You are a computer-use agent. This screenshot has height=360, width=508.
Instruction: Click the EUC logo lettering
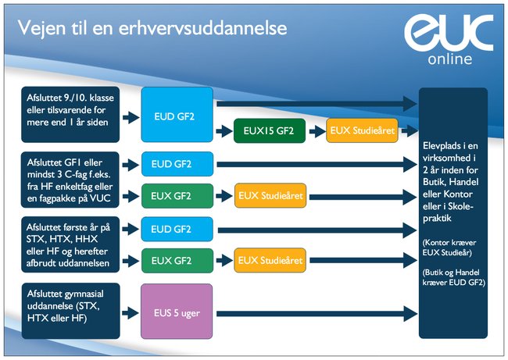[449, 33]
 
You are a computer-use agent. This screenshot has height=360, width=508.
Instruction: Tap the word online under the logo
[449, 59]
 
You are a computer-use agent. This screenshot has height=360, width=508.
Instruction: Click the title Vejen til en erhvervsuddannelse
[152, 28]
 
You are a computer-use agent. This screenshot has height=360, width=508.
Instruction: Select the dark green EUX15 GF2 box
[269, 130]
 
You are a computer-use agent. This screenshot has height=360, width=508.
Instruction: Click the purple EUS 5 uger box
[177, 312]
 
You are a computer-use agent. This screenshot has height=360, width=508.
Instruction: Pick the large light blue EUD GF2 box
[177, 115]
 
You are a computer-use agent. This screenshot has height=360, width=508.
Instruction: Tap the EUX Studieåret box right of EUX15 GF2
[362, 130]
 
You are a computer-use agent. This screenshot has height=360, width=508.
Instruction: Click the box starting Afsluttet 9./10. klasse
[70, 115]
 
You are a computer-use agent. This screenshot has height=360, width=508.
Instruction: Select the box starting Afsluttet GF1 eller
[70, 180]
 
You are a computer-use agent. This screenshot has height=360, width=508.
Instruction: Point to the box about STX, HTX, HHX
[70, 244]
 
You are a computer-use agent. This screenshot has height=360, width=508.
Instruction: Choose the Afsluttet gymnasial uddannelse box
[70, 311]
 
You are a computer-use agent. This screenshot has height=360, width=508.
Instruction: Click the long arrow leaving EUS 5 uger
[317, 314]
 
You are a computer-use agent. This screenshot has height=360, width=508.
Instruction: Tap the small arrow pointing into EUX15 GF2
[224, 131]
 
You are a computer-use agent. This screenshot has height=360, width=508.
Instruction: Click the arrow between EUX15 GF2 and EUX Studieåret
[317, 131]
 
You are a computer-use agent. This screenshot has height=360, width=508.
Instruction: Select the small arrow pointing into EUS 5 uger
[131, 313]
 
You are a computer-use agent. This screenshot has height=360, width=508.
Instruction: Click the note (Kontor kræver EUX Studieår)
[449, 248]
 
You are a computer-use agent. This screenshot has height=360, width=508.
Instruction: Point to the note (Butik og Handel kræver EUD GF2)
[453, 277]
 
